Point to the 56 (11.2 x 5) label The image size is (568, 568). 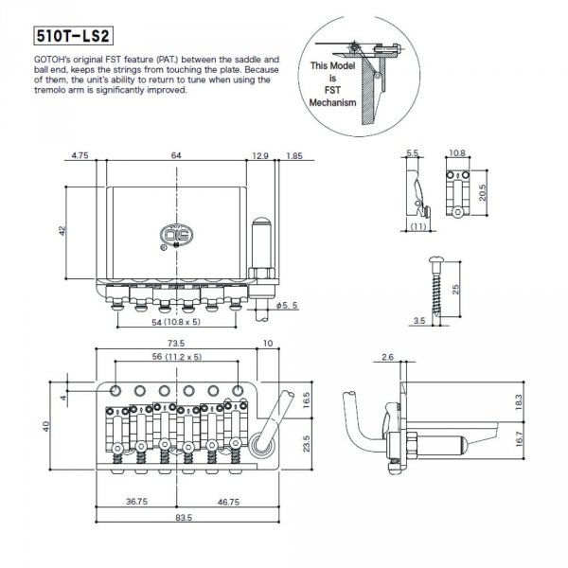[x=176, y=358]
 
